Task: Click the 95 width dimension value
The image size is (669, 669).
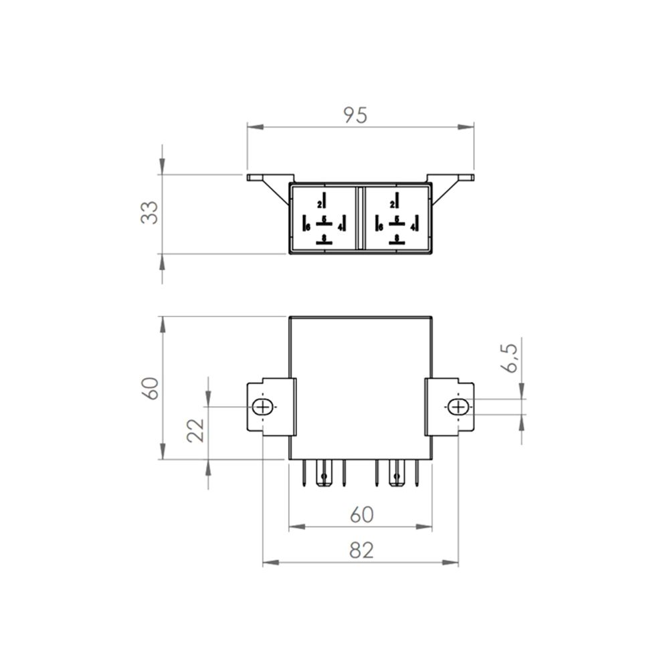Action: tap(356, 115)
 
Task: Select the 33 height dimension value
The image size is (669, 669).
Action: tap(151, 212)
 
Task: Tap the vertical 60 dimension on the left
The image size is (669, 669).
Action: tap(151, 388)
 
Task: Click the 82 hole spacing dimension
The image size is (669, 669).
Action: tap(360, 550)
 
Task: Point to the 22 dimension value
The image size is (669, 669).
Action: tap(195, 432)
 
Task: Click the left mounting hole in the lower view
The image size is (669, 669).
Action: tap(264, 407)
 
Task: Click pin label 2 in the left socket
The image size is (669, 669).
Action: tap(319, 203)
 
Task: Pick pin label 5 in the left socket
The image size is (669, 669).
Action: tap(324, 219)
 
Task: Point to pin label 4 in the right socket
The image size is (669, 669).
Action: tap(413, 227)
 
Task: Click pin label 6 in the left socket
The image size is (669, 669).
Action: tap(308, 227)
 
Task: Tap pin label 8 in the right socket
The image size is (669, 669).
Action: tap(397, 238)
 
